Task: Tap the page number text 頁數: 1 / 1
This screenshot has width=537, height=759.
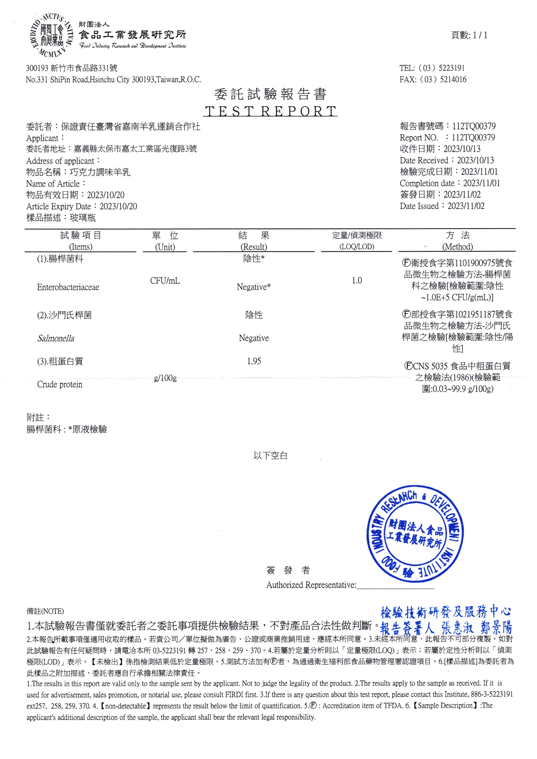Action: tap(469, 35)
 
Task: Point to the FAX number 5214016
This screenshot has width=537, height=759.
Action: tap(453, 79)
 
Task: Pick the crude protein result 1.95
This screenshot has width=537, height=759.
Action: tap(254, 361)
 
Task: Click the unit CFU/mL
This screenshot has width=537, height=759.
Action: tap(165, 281)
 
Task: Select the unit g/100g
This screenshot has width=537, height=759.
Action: tap(165, 378)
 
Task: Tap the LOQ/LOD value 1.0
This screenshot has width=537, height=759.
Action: tap(356, 281)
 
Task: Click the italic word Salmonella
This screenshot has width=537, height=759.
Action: tap(56, 338)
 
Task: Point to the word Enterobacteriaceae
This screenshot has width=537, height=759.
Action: tap(68, 287)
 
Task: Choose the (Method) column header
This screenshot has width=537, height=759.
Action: tap(457, 247)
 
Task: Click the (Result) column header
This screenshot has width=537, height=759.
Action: tap(254, 247)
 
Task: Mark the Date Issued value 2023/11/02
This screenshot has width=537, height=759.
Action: tap(466, 206)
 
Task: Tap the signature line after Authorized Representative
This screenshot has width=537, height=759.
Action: tap(395, 586)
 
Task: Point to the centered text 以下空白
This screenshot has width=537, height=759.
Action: tap(270, 456)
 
